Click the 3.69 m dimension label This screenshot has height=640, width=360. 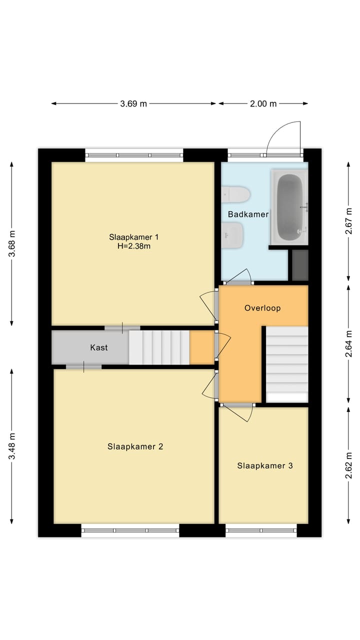pyautogui.click(x=133, y=104)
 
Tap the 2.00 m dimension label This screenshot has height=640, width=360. pyautogui.click(x=263, y=104)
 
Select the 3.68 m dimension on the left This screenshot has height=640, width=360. pyautogui.click(x=12, y=243)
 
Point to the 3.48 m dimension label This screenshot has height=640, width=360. pyautogui.click(x=12, y=446)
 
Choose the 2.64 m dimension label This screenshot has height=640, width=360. pyautogui.click(x=349, y=343)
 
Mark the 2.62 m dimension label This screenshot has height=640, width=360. pyautogui.click(x=349, y=465)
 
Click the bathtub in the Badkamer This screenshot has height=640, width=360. pyautogui.click(x=289, y=206)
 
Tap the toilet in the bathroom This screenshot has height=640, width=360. pyautogui.click(x=235, y=194)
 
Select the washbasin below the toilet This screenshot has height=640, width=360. pyautogui.click(x=234, y=235)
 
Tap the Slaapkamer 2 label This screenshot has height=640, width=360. pyautogui.click(x=135, y=447)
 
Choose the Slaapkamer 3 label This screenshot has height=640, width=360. pyautogui.click(x=264, y=466)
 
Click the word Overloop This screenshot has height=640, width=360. pyautogui.click(x=262, y=308)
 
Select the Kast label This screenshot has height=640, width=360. pyautogui.click(x=98, y=347)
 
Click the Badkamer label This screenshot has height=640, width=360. pyautogui.click(x=248, y=214)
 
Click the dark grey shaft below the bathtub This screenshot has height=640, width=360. pyautogui.click(x=300, y=265)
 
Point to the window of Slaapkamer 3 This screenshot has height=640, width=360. pyautogui.click(x=260, y=530)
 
